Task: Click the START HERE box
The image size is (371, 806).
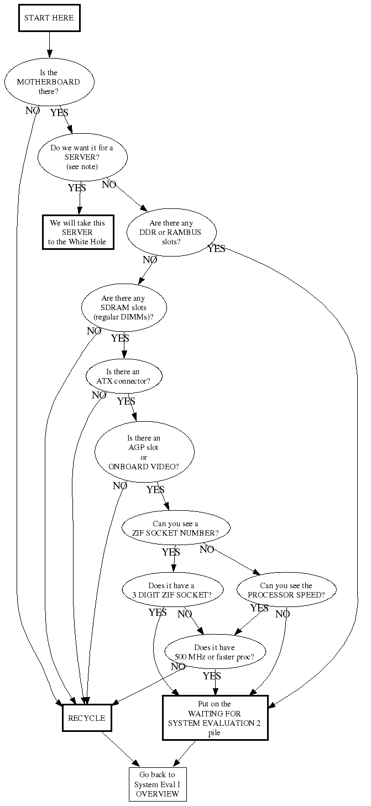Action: tap(49, 18)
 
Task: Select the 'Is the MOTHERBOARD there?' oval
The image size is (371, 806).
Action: tap(49, 82)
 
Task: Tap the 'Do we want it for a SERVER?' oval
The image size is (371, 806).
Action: tap(82, 158)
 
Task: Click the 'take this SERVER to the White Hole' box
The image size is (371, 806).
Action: tap(77, 232)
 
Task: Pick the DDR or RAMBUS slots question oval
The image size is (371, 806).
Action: tap(171, 233)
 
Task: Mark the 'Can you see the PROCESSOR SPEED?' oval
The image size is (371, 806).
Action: tap(286, 590)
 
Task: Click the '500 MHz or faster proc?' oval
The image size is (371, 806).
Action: tap(215, 652)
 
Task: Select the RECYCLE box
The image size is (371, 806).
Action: tap(86, 718)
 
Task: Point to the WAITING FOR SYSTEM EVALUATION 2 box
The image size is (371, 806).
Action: tap(215, 718)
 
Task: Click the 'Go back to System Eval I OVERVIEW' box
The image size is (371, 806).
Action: tap(157, 784)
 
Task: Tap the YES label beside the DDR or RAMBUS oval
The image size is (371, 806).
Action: tap(216, 249)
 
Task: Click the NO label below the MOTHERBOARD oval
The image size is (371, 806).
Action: tap(33, 110)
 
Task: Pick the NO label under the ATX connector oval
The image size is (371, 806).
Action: tap(99, 395)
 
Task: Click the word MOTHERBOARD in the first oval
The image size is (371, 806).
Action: tap(49, 82)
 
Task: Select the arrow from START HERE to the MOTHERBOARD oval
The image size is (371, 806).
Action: tap(49, 44)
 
